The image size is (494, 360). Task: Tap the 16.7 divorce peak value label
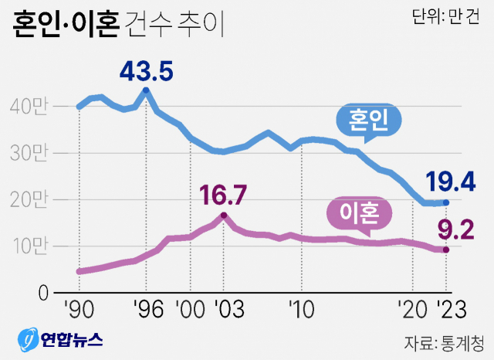[223, 194]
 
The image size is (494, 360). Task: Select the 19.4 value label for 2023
[450, 182]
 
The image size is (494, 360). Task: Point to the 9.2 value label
[453, 229]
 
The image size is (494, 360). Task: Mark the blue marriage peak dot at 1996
[147, 90]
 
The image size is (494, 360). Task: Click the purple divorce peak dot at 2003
[224, 215]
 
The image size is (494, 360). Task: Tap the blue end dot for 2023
[446, 202]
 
